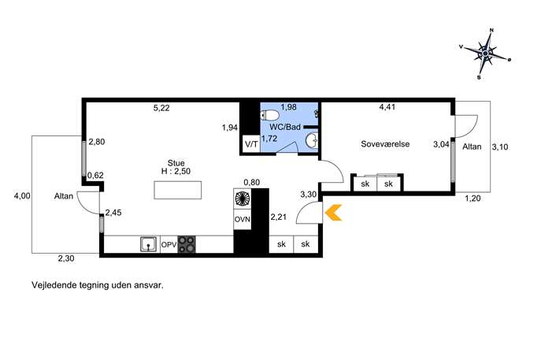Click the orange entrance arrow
click(332, 212)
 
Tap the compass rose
click(485, 54)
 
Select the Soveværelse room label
click(385, 144)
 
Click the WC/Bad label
click(285, 127)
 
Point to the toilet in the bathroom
click(270, 114)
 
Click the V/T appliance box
click(251, 144)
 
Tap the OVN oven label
click(243, 219)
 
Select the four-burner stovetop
click(187, 244)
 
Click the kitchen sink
click(149, 243)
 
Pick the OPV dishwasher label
click(169, 245)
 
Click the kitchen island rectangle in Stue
click(178, 190)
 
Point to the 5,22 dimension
click(161, 108)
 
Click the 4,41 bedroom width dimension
click(387, 107)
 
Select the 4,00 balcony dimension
click(22, 196)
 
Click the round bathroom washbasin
click(312, 140)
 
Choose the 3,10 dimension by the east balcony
click(500, 147)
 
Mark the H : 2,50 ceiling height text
click(176, 171)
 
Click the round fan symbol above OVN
click(243, 199)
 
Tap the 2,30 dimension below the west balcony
click(66, 258)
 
